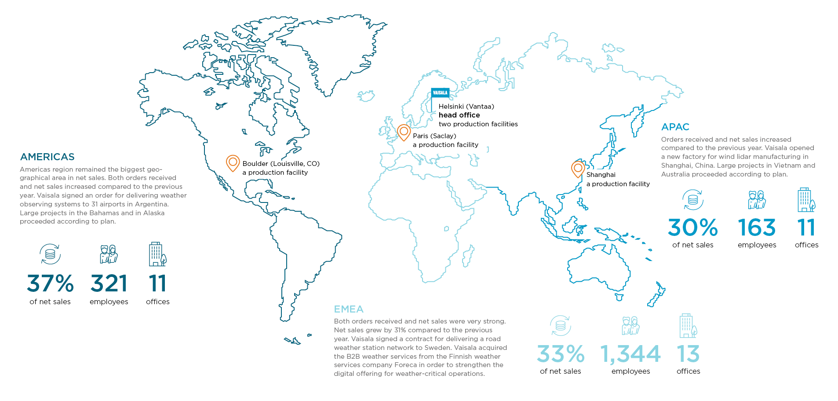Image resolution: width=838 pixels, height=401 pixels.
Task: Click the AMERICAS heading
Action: pos(47,157)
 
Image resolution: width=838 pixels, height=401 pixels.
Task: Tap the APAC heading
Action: pos(675,127)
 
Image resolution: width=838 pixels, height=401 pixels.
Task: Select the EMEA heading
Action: pos(349,309)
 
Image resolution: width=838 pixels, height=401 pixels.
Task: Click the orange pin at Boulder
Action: pos(233,162)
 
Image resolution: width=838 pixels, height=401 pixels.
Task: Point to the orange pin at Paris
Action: pos(404,132)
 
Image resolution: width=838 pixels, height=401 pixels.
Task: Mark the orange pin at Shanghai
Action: pos(578,169)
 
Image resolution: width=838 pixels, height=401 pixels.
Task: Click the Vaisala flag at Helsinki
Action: pos(440,93)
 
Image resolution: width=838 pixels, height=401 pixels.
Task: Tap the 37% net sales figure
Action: pos(50,283)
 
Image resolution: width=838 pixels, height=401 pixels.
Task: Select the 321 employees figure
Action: pos(109,283)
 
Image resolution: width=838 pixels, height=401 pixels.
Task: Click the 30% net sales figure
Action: pos(692,228)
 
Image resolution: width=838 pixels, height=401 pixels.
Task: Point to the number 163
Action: pos(757,228)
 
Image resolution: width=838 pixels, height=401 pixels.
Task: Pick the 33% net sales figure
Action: pos(561,354)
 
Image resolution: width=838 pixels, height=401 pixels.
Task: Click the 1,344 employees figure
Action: pos(630,354)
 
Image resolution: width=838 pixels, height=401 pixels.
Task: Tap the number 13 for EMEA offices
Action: pos(688,354)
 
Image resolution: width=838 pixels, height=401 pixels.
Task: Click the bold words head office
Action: pos(459,115)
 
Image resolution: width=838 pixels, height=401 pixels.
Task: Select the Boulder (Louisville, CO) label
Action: pos(281,164)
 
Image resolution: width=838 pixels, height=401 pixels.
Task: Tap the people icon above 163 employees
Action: pos(757,200)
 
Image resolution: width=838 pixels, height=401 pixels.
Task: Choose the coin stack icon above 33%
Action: pos(561,326)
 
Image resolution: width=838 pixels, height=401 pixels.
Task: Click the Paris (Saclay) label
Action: pos(434,136)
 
